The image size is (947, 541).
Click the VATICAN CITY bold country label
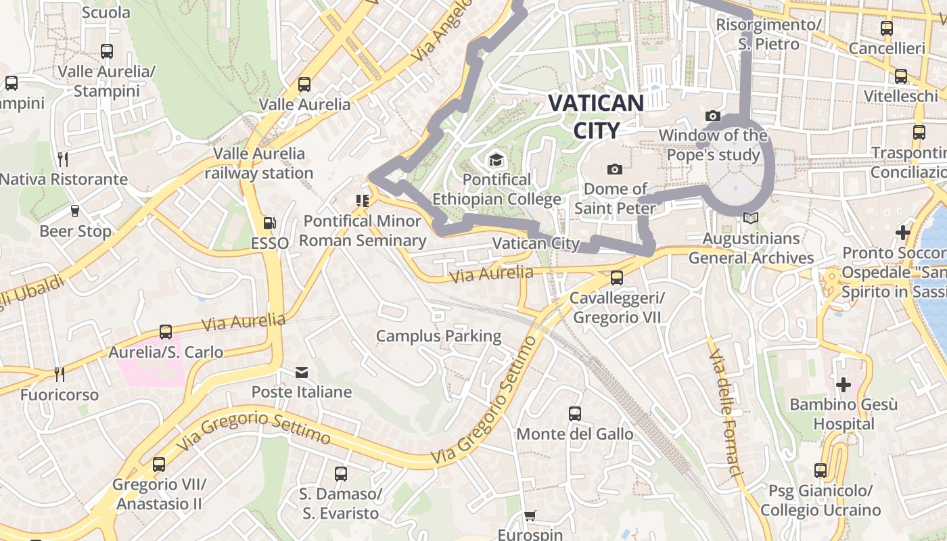pyautogui.click(x=595, y=116)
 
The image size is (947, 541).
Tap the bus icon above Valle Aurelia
pyautogui.click(x=304, y=85)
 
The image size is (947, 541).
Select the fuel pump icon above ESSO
pyautogui.click(x=269, y=222)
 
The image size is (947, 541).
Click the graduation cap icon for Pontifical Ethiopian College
pyautogui.click(x=496, y=160)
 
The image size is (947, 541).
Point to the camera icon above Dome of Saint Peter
pyautogui.click(x=614, y=169)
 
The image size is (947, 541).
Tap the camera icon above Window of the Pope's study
pyautogui.click(x=712, y=116)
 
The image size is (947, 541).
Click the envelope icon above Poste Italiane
pyautogui.click(x=302, y=373)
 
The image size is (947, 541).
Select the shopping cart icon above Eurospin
pyautogui.click(x=530, y=516)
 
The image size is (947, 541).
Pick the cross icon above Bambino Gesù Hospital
pyautogui.click(x=844, y=385)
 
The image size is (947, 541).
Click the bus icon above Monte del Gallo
pyautogui.click(x=575, y=414)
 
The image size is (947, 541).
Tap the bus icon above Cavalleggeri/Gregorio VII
pyautogui.click(x=616, y=277)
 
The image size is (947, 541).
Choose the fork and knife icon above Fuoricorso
pyautogui.click(x=60, y=375)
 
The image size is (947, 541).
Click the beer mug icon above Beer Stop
pyautogui.click(x=75, y=211)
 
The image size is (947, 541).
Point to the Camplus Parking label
pyautogui.click(x=438, y=336)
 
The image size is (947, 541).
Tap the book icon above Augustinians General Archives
pyautogui.click(x=750, y=218)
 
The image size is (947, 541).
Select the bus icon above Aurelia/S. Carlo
pyautogui.click(x=166, y=332)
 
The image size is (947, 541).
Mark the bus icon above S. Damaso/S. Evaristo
pyautogui.click(x=341, y=474)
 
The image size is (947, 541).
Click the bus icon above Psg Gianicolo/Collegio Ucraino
pyautogui.click(x=821, y=470)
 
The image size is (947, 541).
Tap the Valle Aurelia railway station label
pyautogui.click(x=259, y=163)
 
